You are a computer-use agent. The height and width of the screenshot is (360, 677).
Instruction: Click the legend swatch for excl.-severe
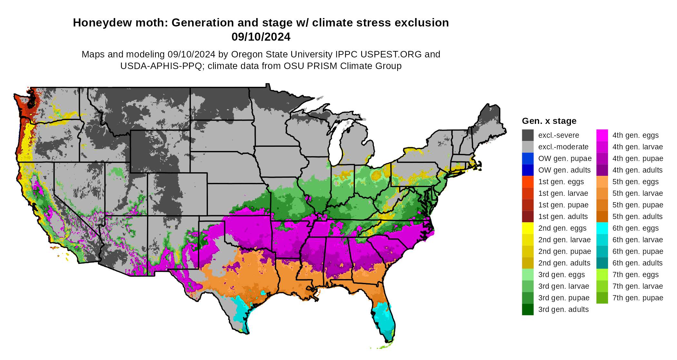pyautogui.click(x=528, y=135)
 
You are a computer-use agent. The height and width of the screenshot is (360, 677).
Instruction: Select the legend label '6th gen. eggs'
pyautogui.click(x=635, y=228)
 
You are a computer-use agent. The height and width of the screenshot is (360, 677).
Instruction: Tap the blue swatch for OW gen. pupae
pyautogui.click(x=528, y=159)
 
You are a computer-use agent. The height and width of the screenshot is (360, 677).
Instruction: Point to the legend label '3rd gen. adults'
pyautogui.click(x=563, y=310)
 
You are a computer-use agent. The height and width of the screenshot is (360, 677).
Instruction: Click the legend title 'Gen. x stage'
pyautogui.click(x=549, y=121)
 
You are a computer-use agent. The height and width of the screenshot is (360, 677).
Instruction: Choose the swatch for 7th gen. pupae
pyautogui.click(x=602, y=298)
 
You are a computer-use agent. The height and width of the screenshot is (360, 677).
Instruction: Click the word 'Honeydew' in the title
pyautogui.click(x=96, y=23)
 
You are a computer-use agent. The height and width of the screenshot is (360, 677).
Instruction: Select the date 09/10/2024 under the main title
pyautogui.click(x=261, y=37)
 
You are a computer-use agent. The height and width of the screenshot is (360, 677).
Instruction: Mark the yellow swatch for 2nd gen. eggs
pyautogui.click(x=528, y=228)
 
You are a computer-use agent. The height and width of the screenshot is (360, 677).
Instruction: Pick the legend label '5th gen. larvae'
pyautogui.click(x=637, y=194)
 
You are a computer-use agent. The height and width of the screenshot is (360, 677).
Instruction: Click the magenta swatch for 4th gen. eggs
pyautogui.click(x=602, y=135)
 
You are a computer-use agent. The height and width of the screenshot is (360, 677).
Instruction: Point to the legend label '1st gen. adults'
pyautogui.click(x=563, y=217)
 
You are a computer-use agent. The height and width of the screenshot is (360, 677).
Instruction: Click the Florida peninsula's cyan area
pyautogui.click(x=384, y=319)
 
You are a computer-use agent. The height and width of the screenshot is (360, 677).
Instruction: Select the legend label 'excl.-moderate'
pyautogui.click(x=563, y=147)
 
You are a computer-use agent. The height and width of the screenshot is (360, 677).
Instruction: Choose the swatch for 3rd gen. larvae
pyautogui.click(x=528, y=286)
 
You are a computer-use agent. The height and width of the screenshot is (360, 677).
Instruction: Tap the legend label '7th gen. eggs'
pyautogui.click(x=635, y=275)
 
